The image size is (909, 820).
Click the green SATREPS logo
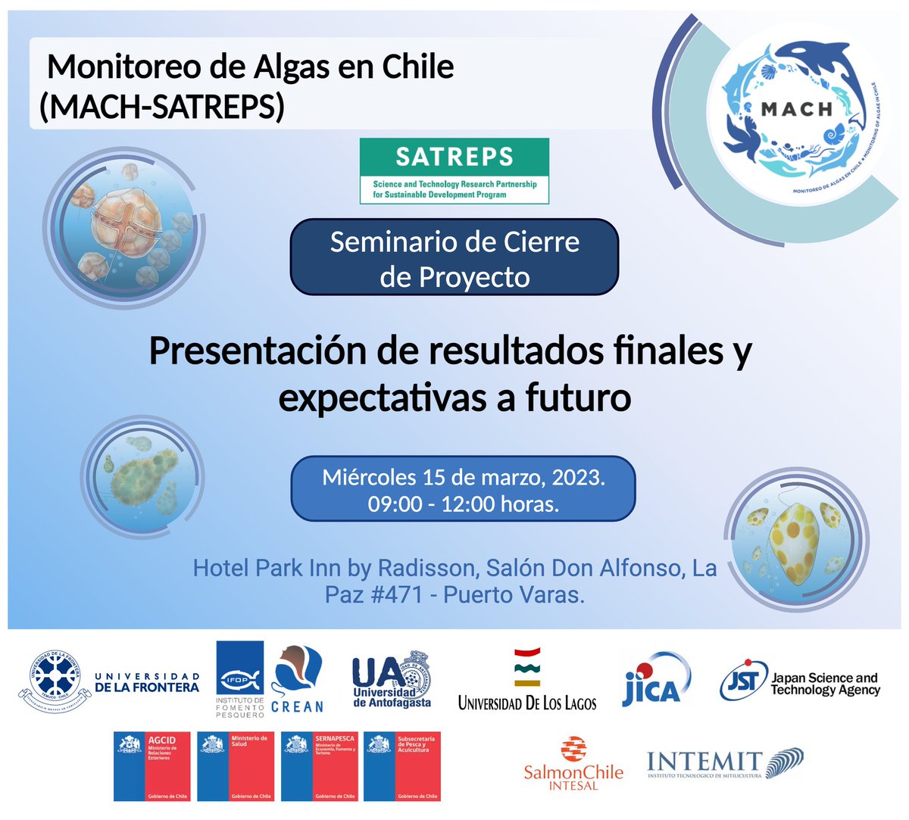[x=454, y=171]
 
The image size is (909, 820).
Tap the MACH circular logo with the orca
[x=795, y=110]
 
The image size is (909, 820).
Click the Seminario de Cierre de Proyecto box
[x=454, y=257]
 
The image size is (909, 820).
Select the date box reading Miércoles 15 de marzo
[x=463, y=489]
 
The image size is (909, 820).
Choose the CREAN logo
[x=296, y=679]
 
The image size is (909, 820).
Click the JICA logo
[x=656, y=679]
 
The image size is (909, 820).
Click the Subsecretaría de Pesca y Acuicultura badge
[x=402, y=765]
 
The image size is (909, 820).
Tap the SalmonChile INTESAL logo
[x=573, y=763]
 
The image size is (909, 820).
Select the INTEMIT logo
[x=724, y=762]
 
